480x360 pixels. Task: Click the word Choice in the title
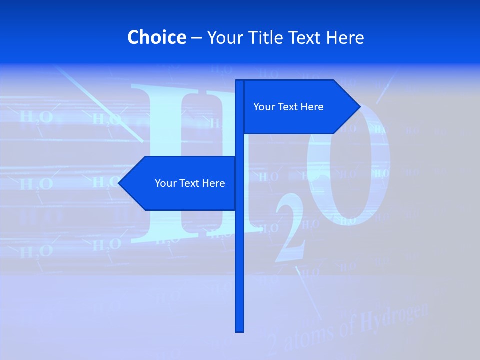click(x=156, y=37)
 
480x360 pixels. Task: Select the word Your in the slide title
click(x=223, y=37)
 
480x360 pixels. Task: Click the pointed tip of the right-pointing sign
click(x=359, y=106)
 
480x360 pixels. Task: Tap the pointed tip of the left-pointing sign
click(x=120, y=183)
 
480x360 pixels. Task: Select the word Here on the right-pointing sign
click(x=311, y=107)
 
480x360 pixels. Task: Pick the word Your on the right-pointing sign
click(x=264, y=107)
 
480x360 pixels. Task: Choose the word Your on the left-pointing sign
click(x=165, y=183)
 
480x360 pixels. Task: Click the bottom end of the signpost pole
click(x=239, y=330)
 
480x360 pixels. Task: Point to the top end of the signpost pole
click(x=239, y=82)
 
